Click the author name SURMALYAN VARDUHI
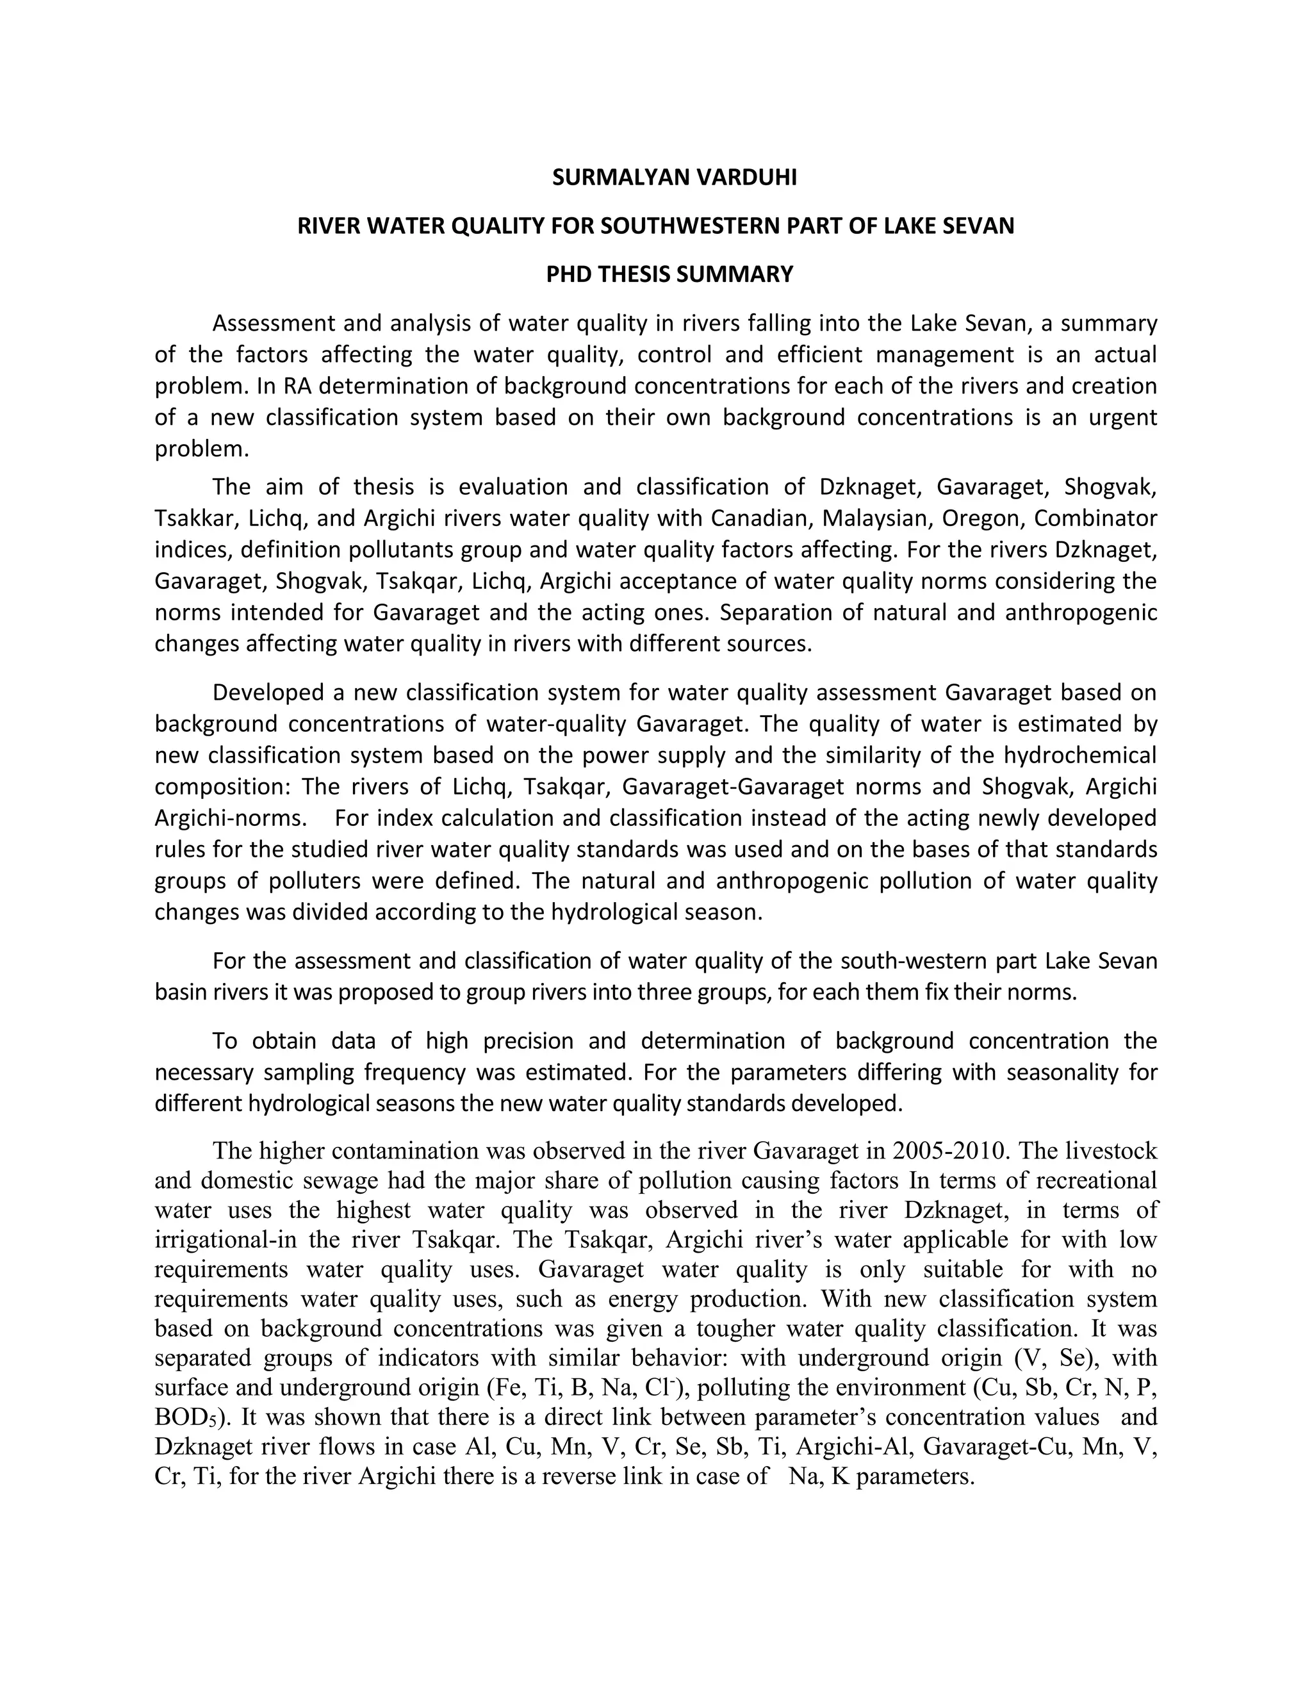pyautogui.click(x=674, y=178)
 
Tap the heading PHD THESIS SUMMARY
pyautogui.click(x=669, y=274)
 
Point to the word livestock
pyautogui.click(x=1111, y=1151)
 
